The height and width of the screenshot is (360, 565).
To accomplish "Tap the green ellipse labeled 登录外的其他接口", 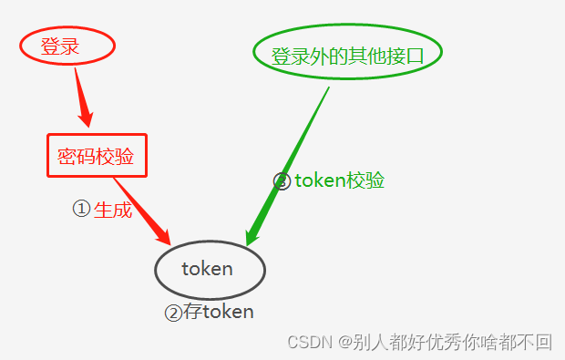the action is [x=347, y=55].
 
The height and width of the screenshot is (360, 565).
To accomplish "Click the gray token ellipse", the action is [x=210, y=270].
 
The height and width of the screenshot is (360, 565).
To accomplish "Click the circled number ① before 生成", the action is [x=81, y=209].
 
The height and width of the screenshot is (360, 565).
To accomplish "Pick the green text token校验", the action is [x=339, y=180].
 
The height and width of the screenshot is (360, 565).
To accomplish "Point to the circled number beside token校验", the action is [x=282, y=180].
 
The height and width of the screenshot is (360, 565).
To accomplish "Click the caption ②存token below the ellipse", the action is [x=209, y=312].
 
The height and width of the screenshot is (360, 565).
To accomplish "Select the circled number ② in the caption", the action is [x=173, y=313].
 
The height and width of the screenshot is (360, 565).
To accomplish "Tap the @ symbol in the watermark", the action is [x=345, y=343].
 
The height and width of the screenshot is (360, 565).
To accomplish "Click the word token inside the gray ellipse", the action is [x=207, y=269].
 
